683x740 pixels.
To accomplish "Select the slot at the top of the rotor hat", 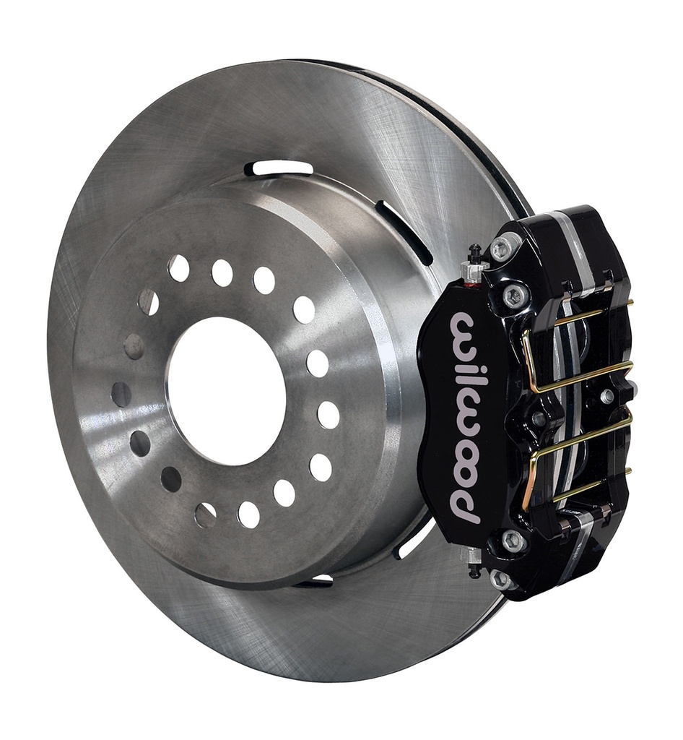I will pos(279,168).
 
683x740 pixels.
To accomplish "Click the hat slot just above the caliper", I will pos(404,231).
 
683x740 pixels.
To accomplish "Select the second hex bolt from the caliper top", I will pos(515,294).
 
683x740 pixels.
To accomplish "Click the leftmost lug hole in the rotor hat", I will pos(121,395).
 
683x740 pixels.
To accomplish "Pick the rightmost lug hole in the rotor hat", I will pos(329,415).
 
